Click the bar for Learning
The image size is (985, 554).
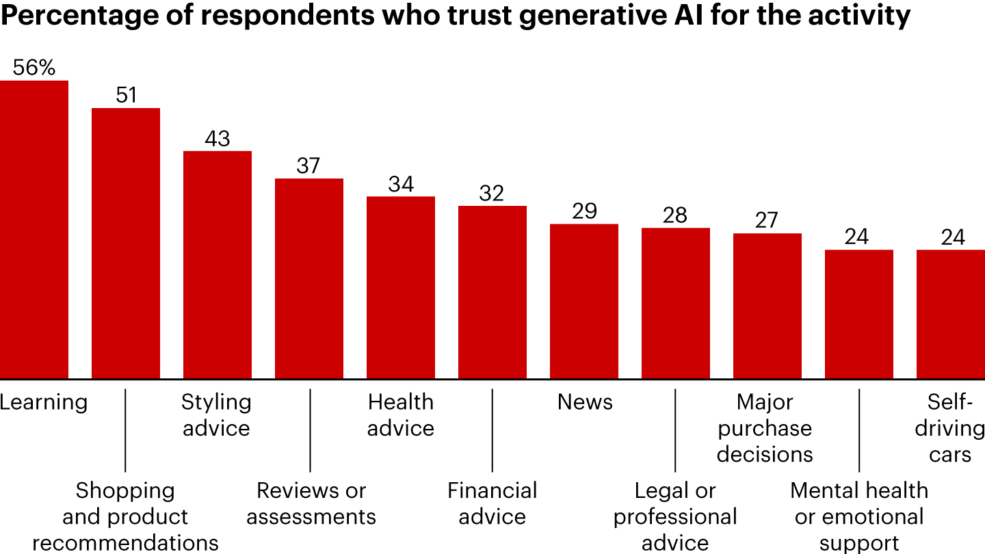pos(34,230)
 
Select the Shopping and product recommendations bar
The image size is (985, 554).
pos(126,243)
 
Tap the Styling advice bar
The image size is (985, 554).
pos(218,265)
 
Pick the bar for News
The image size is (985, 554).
pos(584,302)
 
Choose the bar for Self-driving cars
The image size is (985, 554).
pos(951,315)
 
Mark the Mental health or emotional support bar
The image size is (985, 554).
pos(859,315)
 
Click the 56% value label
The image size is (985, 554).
pos(34,68)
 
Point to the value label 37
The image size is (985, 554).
pos(308,166)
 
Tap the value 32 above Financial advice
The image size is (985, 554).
pos(492,194)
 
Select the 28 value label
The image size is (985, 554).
pos(675,215)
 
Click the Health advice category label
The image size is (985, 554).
pos(401,414)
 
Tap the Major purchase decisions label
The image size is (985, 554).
pos(765,428)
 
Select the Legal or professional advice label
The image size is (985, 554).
pos(675,516)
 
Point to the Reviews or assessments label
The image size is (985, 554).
pos(311,503)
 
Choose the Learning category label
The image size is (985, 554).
pos(44,401)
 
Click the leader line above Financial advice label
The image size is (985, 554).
pos(492,430)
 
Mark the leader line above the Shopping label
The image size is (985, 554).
pos(126,430)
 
